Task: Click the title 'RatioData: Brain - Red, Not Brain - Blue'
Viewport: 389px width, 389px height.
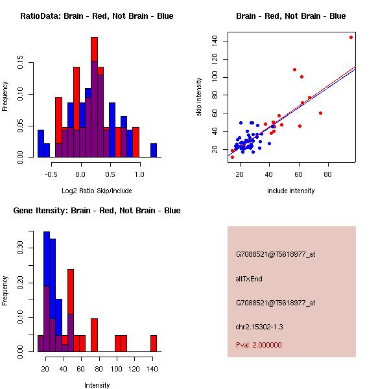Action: (x=97, y=16)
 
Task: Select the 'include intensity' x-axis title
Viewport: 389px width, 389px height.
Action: (x=290, y=191)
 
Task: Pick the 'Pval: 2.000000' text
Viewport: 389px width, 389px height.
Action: (x=259, y=345)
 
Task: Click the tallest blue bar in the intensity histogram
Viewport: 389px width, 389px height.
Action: (x=47, y=292)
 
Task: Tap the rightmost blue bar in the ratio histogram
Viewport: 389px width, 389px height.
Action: (x=154, y=150)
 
